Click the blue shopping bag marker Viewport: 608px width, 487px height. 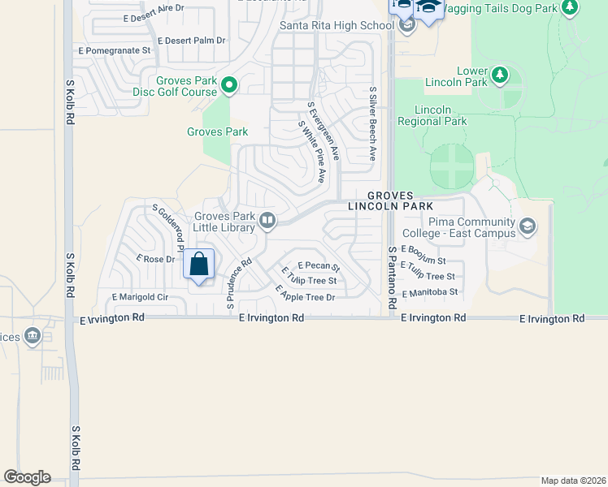[199, 265]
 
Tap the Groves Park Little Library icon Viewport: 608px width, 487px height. [267, 219]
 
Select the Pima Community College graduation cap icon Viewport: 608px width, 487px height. [528, 225]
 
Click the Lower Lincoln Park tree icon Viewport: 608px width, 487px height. [501, 76]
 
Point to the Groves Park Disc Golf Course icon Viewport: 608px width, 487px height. [229, 84]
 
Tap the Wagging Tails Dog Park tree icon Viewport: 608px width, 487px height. [570, 7]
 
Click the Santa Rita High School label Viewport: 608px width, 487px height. [337, 25]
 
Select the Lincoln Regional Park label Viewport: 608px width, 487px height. [432, 115]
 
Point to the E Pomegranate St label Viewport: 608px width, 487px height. [115, 50]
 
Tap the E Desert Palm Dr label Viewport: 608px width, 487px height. [191, 40]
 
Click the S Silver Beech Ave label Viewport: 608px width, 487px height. [373, 123]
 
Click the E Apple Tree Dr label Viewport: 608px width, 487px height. [305, 293]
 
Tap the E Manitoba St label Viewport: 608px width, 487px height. [429, 291]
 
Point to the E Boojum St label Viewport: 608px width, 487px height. [423, 255]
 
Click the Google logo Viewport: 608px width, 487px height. [27, 477]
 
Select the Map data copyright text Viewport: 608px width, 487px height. [573, 481]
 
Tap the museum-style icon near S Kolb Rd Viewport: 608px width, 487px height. [33, 335]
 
